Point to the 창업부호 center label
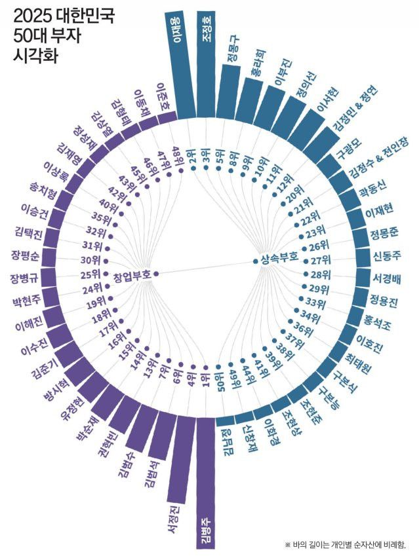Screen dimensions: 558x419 (132, 275)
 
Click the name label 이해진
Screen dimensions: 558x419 (28, 326)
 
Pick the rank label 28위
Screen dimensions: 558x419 (320, 274)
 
